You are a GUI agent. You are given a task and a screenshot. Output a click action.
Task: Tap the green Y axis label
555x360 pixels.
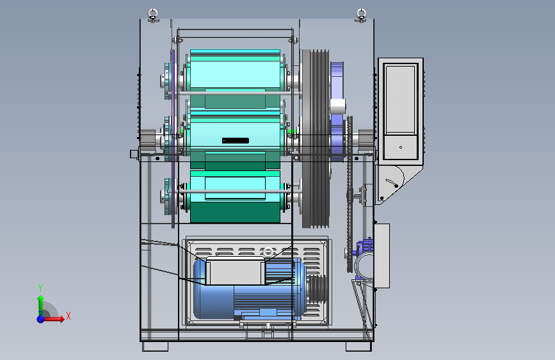pyautogui.click(x=40, y=288)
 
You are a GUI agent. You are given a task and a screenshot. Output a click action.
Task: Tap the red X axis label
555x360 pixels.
pyautogui.click(x=68, y=316)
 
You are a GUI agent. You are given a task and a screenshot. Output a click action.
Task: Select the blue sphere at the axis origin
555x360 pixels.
pyautogui.click(x=41, y=319)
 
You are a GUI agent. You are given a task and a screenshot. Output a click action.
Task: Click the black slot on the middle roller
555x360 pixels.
pyautogui.click(x=236, y=141)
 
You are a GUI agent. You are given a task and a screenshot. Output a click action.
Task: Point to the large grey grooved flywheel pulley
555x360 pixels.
pyautogui.click(x=316, y=138)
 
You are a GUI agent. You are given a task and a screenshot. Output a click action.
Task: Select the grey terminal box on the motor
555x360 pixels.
pyautogui.click(x=235, y=272)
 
